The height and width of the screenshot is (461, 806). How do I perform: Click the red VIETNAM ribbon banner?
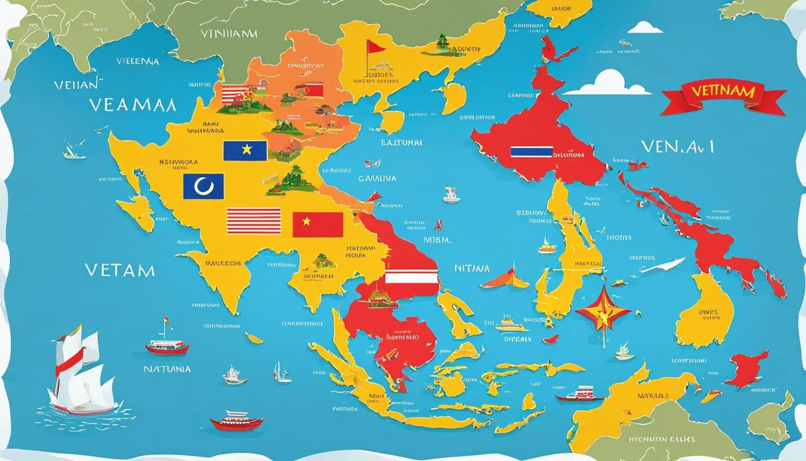tap(723, 97)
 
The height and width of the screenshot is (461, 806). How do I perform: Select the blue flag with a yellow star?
tap(245, 151)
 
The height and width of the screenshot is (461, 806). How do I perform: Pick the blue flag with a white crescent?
tap(203, 186)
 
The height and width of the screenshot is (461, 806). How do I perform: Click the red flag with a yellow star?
tap(318, 224)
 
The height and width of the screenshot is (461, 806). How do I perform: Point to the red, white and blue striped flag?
tap(531, 152)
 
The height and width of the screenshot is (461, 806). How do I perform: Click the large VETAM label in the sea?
tap(119, 270)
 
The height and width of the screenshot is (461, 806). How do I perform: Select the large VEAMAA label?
tap(133, 106)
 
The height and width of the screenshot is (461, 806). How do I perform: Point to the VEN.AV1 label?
tap(677, 147)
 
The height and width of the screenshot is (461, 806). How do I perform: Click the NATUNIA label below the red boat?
tap(167, 369)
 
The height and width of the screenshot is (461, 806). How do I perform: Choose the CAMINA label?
tap(377, 178)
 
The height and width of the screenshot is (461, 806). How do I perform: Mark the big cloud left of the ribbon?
tap(607, 84)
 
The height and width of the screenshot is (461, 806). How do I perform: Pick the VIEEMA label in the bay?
tap(138, 61)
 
